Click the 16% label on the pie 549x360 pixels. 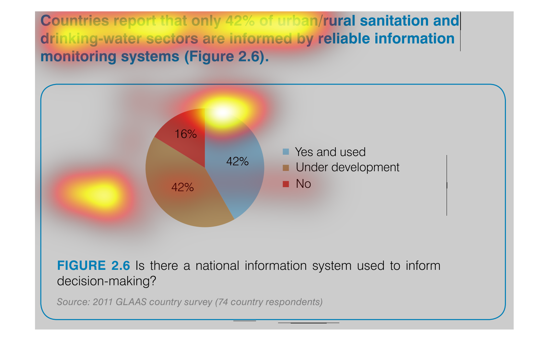[x=185, y=134]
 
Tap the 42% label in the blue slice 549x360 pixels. [x=237, y=162]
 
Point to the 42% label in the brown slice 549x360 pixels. [x=182, y=187]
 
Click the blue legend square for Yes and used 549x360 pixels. [x=286, y=151]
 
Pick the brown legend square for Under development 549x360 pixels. [x=286, y=168]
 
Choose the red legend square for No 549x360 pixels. [x=286, y=184]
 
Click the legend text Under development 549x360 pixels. [x=347, y=167]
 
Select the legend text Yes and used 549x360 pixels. [x=330, y=152]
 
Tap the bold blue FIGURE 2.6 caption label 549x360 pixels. [x=93, y=266]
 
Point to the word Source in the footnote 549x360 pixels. [x=72, y=302]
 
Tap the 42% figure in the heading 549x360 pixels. [x=240, y=20]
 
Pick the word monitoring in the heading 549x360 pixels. [x=78, y=57]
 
